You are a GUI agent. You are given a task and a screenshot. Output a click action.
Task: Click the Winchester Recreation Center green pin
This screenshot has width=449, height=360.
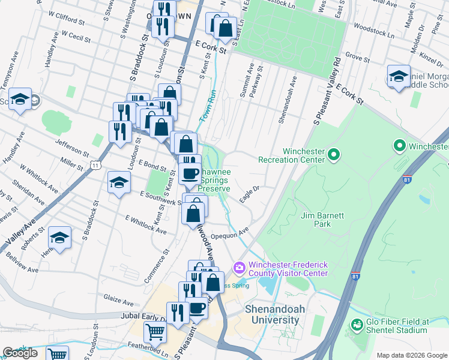[334, 156]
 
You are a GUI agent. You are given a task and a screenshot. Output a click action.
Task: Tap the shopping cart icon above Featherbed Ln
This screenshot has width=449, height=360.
[155, 331]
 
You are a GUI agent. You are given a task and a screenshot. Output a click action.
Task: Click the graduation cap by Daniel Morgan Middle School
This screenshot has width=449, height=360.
[398, 76]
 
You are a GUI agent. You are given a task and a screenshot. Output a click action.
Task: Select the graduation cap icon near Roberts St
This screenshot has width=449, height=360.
[60, 238]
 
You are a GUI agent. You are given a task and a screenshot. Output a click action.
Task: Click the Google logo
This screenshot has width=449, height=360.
[20, 353]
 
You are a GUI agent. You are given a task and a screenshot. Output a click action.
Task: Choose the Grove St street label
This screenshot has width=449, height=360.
[357, 58]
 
